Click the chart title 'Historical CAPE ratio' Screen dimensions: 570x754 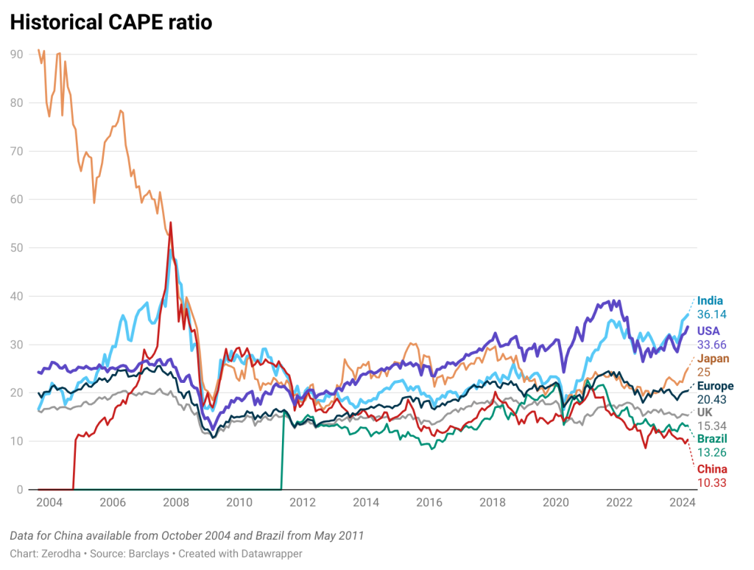point(111,23)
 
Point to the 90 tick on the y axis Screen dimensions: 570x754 point(16,54)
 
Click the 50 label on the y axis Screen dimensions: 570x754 point(16,247)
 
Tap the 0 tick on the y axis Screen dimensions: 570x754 point(19,490)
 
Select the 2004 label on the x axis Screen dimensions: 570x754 point(49,504)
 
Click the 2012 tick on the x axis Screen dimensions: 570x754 point(303,504)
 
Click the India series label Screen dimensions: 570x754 point(710,300)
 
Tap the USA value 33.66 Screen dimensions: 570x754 point(712,344)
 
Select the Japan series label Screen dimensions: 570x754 point(714,359)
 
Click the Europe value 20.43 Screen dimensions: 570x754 point(712,400)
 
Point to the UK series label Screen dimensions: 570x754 point(705,412)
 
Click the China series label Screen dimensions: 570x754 point(712,469)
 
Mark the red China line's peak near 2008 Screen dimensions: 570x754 point(171,222)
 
